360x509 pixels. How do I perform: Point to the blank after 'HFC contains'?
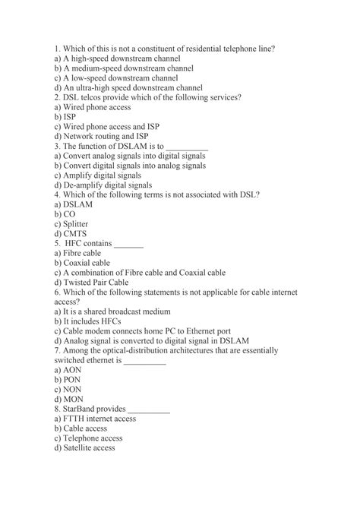(x=128, y=244)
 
